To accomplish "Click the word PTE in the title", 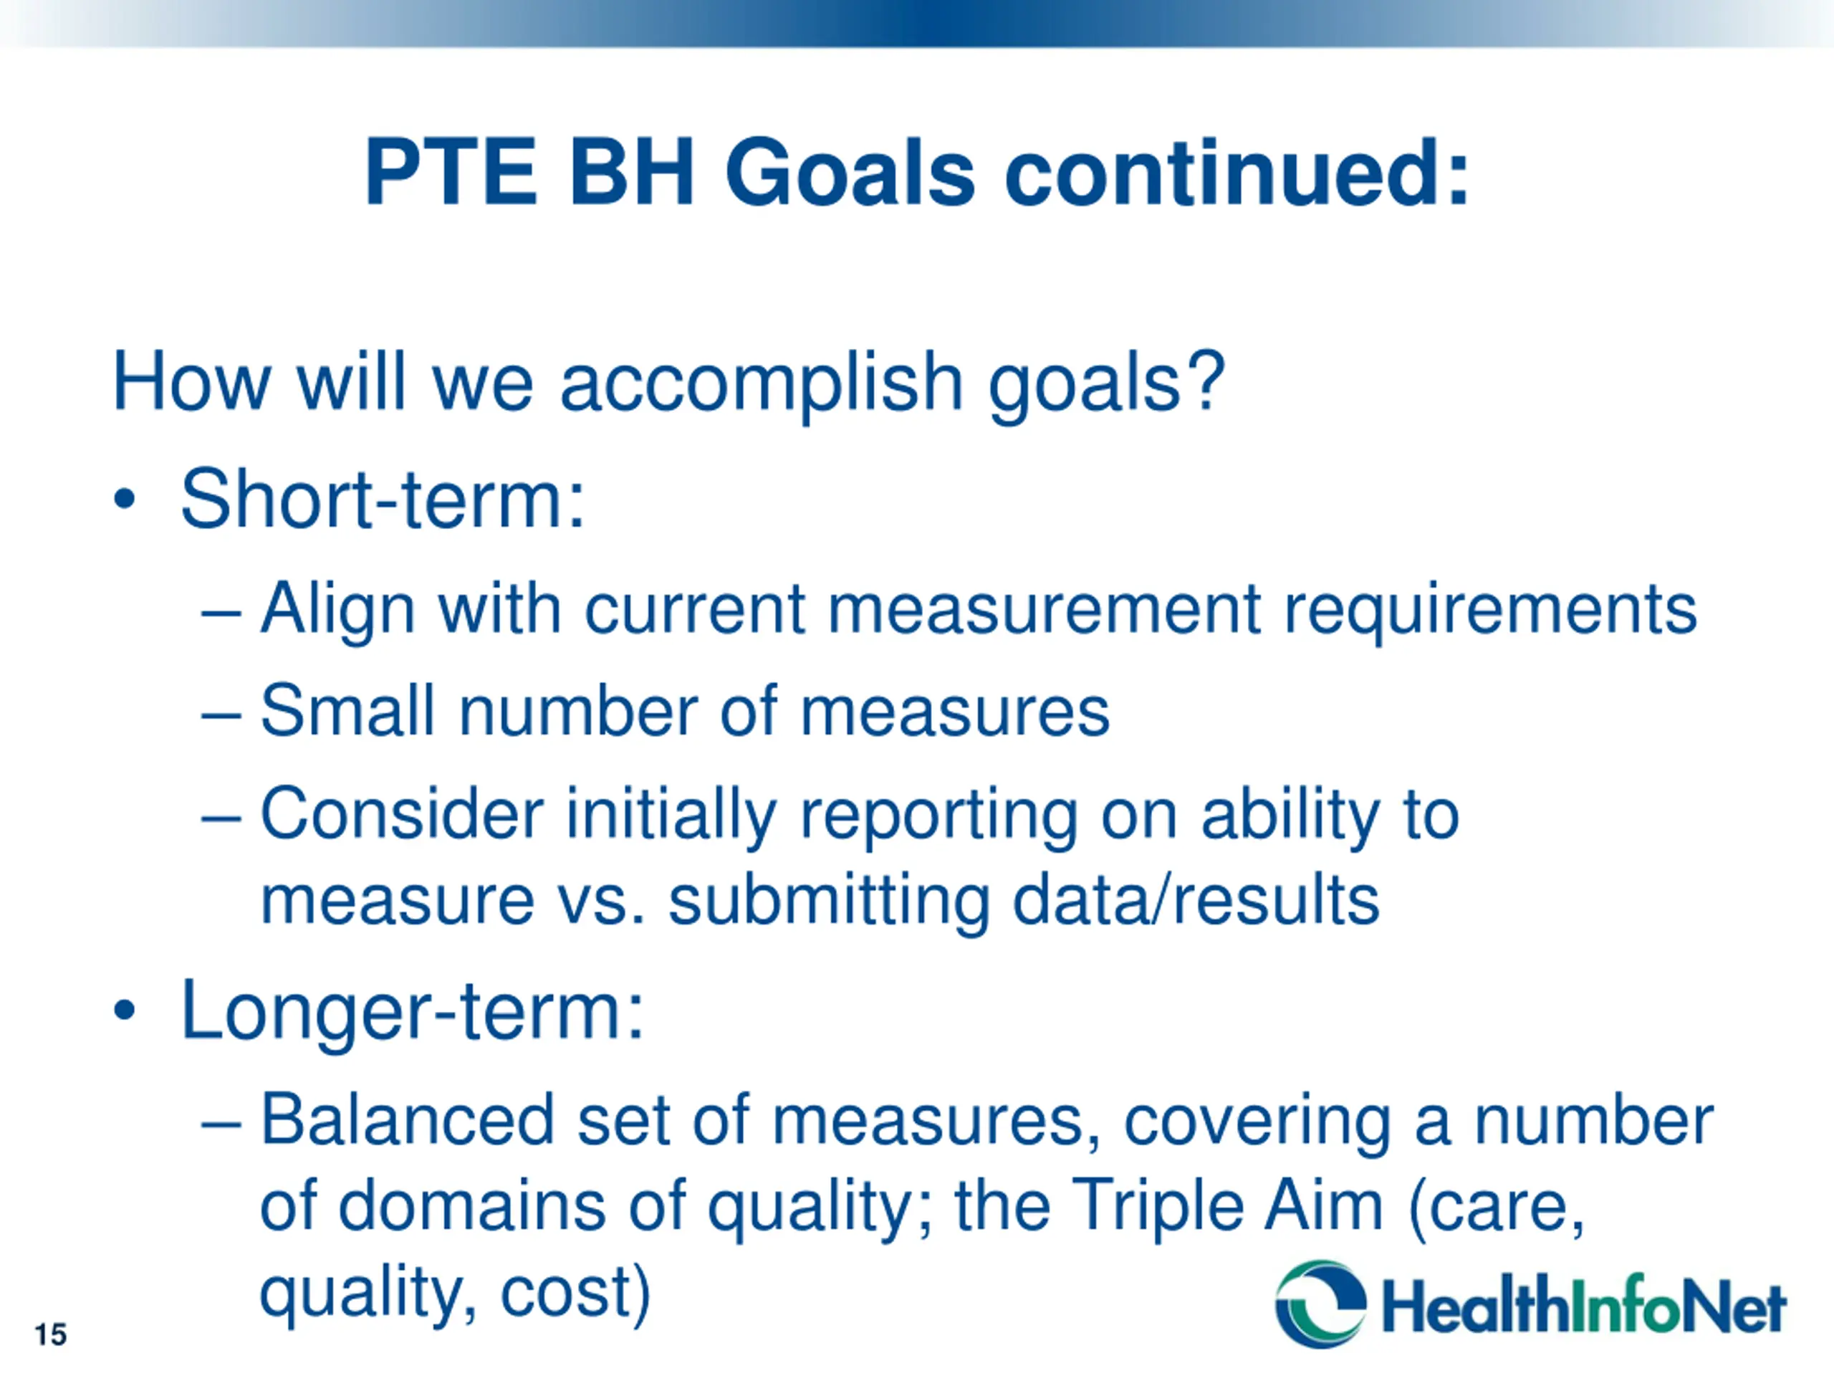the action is (x=452, y=173).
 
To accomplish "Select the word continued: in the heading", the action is (x=1238, y=173).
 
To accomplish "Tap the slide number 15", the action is (x=51, y=1334).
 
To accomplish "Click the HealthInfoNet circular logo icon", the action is (x=1320, y=1304).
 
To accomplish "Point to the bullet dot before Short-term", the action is (x=125, y=500).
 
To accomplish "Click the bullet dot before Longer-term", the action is (x=125, y=1011).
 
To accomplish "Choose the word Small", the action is (x=347, y=710).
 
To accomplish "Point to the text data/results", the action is (x=1196, y=901).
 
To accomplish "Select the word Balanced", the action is (x=407, y=1119).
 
